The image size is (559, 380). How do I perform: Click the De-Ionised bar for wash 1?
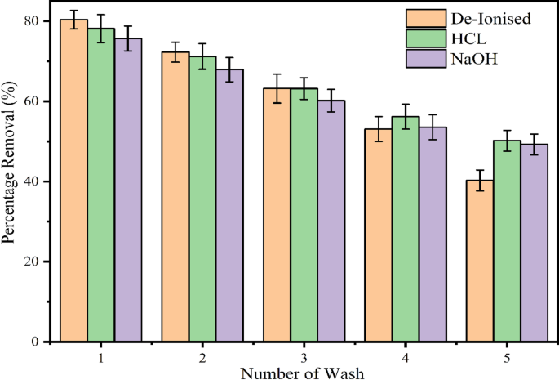(73, 180)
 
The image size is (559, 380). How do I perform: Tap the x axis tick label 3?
(304, 358)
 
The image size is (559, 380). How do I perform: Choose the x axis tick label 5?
(508, 358)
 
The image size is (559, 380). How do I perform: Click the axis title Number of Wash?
(303, 373)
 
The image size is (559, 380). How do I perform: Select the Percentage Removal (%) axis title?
(10, 180)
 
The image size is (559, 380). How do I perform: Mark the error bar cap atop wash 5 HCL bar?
(508, 131)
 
